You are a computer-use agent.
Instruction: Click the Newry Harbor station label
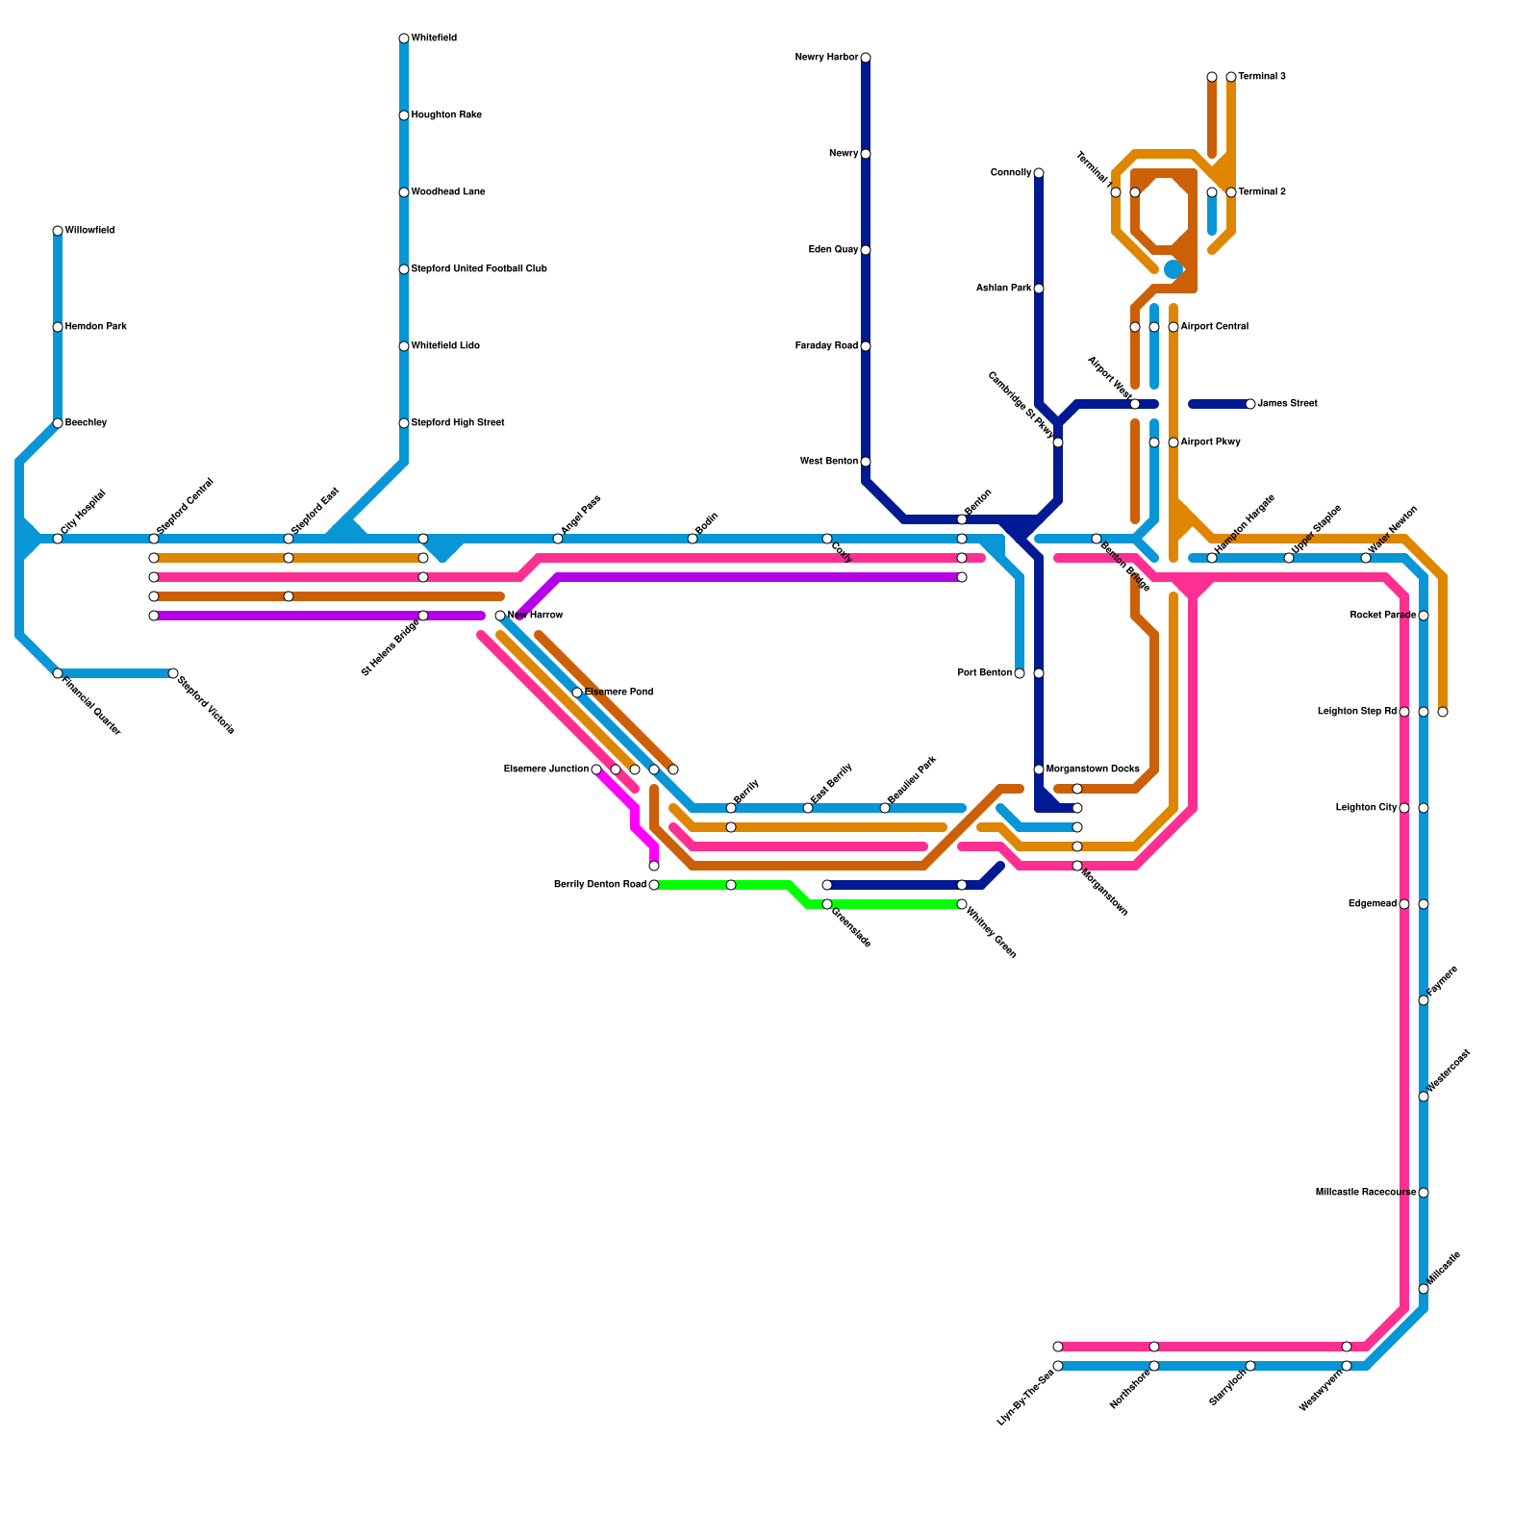tap(826, 58)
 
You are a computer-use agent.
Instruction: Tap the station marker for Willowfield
tap(58, 231)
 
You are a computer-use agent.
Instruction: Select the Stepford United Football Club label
tap(479, 269)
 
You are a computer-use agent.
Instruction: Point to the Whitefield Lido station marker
tap(404, 346)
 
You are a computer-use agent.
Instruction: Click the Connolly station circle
tap(1039, 173)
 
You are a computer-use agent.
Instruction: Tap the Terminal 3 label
tap(1262, 77)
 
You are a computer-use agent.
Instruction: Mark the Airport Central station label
tap(1214, 327)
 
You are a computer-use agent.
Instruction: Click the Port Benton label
tap(984, 673)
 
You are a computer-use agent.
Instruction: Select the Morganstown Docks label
tap(1093, 769)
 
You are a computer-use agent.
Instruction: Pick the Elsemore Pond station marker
tap(577, 693)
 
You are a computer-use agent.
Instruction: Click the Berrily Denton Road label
tap(600, 885)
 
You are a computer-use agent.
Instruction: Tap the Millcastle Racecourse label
tap(1365, 1193)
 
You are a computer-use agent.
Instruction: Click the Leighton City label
tap(1366, 808)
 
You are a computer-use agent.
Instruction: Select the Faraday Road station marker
tap(866, 346)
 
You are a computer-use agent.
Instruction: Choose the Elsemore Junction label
tap(545, 769)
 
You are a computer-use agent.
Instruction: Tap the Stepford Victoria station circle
tap(173, 673)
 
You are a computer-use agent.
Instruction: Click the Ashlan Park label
tap(1003, 289)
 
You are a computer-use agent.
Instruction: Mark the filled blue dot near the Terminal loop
tap(1173, 269)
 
